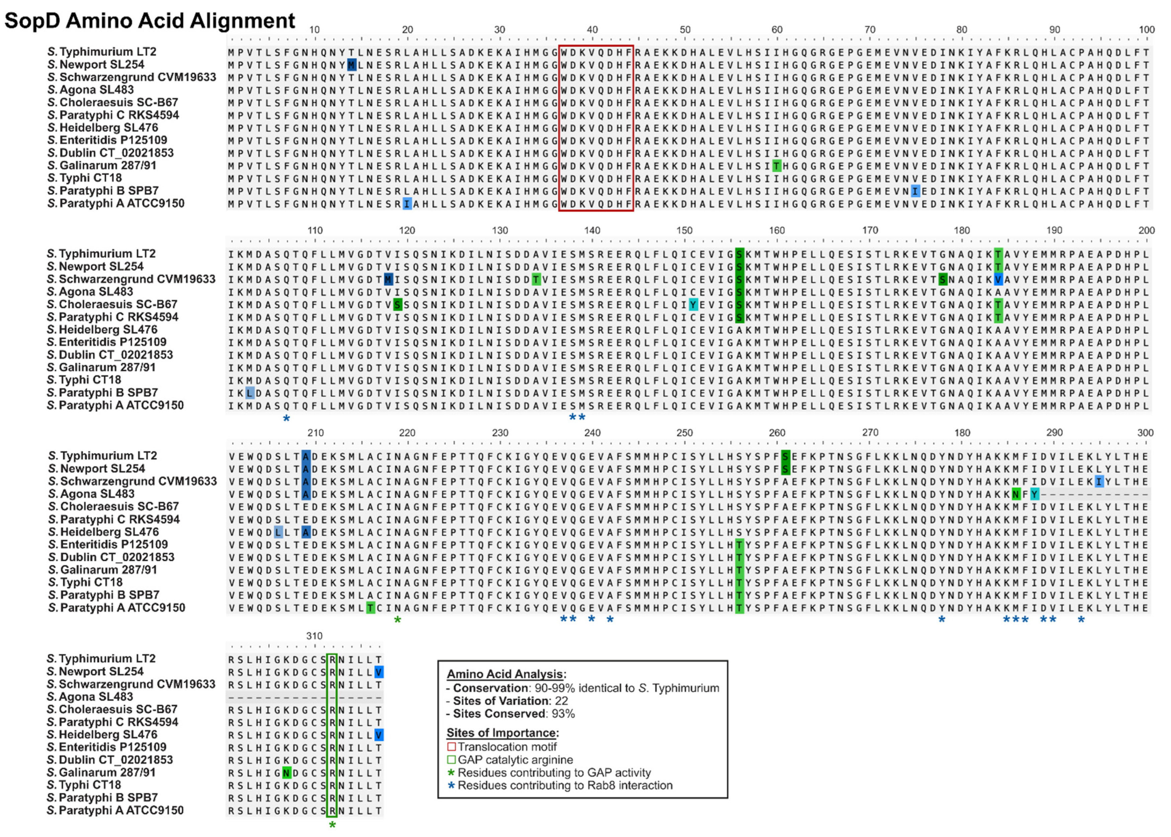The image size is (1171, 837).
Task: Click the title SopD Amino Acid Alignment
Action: pyautogui.click(x=150, y=21)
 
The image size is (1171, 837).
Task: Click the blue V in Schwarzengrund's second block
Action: pyautogui.click(x=998, y=279)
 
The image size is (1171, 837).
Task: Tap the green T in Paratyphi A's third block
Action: pyautogui.click(x=370, y=608)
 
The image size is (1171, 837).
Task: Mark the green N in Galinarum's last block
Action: pyautogui.click(x=286, y=772)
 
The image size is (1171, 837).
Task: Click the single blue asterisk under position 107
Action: pyautogui.click(x=286, y=418)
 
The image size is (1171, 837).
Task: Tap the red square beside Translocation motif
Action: pyautogui.click(x=451, y=747)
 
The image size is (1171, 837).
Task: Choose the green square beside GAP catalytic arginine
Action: pyautogui.click(x=451, y=760)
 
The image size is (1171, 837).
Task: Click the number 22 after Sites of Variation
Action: pyautogui.click(x=561, y=701)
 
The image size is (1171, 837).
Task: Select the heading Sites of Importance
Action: pyautogui.click(x=502, y=733)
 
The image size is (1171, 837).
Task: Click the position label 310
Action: pyautogui.click(x=314, y=636)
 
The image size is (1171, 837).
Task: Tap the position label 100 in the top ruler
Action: pyautogui.click(x=1146, y=29)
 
